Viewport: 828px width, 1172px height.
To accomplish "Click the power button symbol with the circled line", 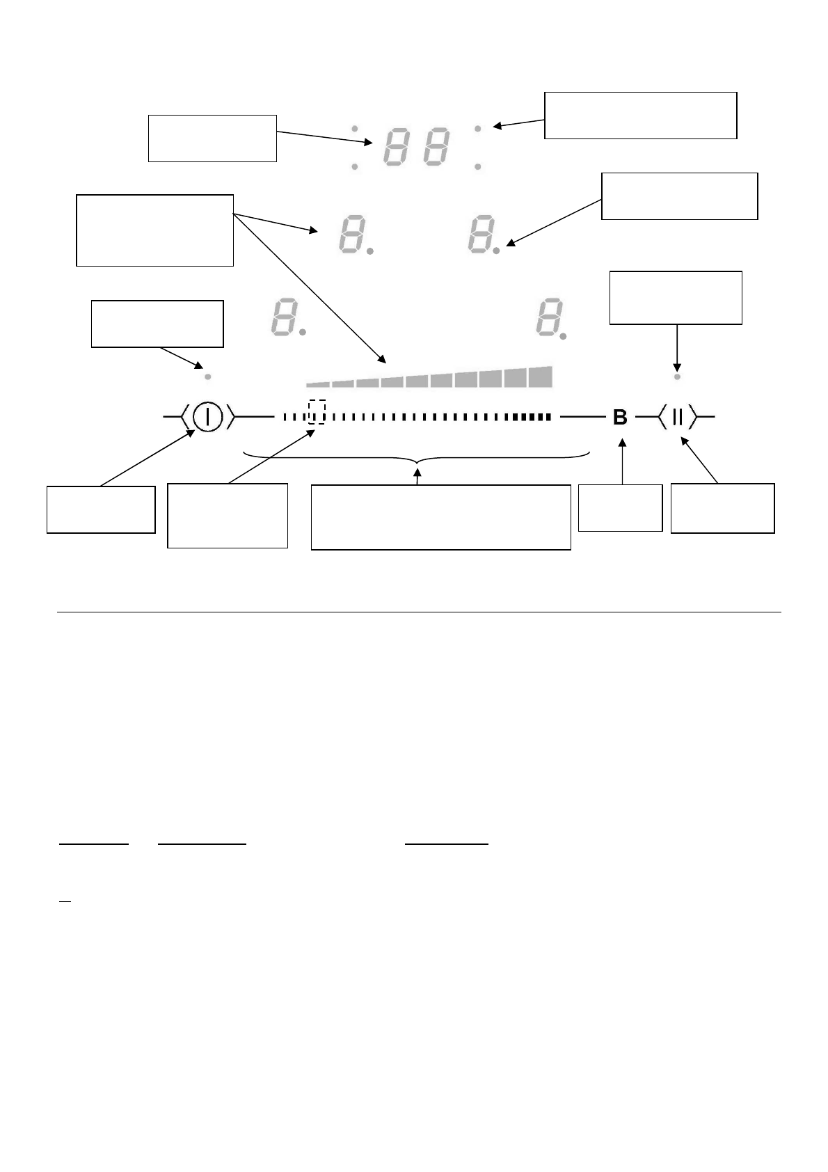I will (207, 417).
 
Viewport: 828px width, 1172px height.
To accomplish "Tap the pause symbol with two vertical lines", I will (677, 418).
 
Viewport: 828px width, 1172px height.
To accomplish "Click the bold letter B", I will (619, 418).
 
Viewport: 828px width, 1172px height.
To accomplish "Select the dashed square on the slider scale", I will (317, 411).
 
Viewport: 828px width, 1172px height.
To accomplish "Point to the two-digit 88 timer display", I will (417, 148).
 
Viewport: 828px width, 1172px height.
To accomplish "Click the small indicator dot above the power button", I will (207, 376).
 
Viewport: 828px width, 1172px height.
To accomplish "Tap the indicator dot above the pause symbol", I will (677, 376).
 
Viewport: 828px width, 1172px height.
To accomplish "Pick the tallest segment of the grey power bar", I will (540, 377).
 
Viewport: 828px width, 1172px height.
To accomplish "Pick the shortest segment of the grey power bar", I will (317, 383).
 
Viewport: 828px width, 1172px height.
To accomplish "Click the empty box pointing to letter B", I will (620, 508).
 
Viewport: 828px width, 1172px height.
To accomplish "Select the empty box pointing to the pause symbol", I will (722, 508).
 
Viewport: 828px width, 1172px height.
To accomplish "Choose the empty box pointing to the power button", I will (101, 509).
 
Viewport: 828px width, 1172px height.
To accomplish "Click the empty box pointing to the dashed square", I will (228, 515).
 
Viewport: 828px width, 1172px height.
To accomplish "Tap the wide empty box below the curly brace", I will (440, 517).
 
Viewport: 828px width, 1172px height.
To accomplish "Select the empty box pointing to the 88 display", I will (212, 138).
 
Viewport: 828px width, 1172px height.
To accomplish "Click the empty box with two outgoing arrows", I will (154, 230).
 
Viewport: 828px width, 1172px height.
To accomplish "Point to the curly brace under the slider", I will (417, 459).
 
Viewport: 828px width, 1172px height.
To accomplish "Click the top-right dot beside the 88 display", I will (478, 128).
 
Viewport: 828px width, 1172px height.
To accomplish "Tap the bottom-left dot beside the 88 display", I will (355, 167).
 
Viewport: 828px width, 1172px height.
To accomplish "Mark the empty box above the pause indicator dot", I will (676, 298).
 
